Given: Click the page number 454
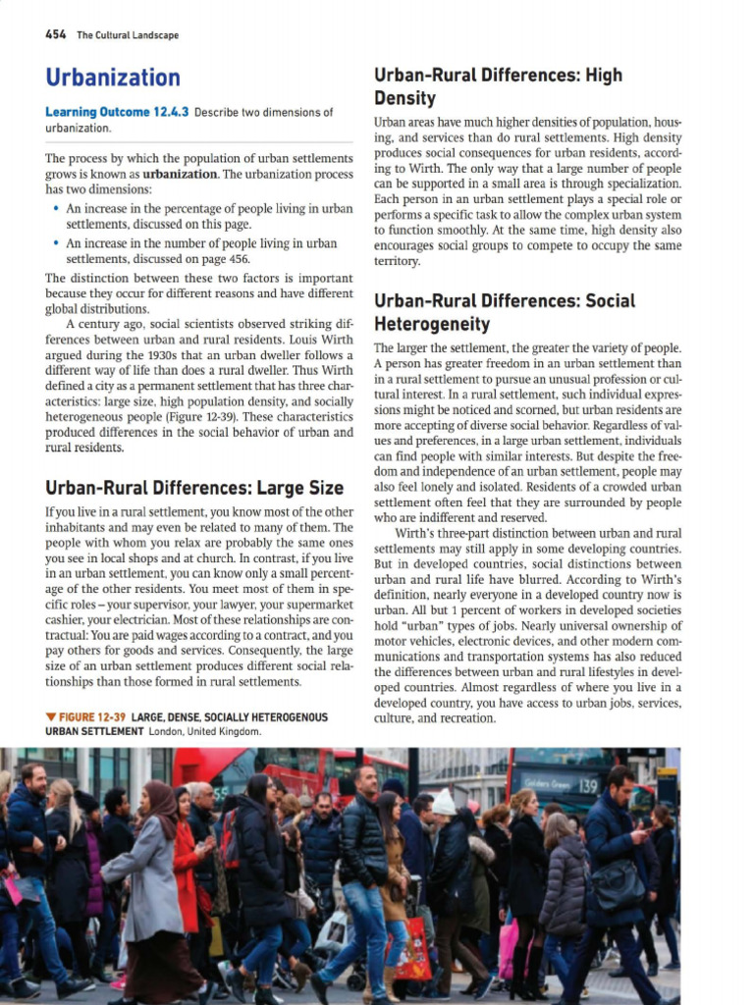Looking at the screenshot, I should point(55,34).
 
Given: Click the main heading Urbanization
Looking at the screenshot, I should point(113,78).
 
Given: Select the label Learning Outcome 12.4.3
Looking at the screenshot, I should point(117,112).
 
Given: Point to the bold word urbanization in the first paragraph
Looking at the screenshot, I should point(180,174).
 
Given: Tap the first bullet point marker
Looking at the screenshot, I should point(55,209).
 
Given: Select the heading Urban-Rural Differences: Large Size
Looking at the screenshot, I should point(194,488).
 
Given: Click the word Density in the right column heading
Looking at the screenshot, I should point(404,98).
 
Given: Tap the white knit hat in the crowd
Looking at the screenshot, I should point(444,802).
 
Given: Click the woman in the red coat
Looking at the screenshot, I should point(186,864).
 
